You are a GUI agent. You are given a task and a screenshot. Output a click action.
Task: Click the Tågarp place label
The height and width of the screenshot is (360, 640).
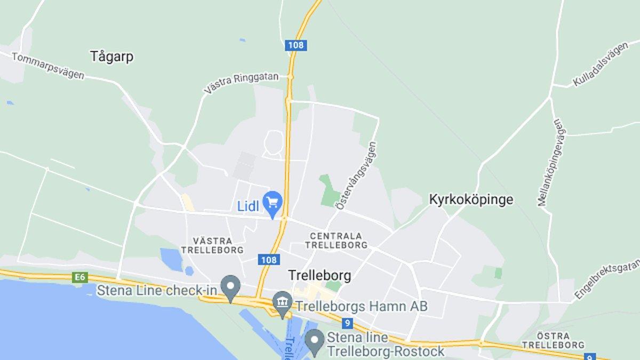(111, 57)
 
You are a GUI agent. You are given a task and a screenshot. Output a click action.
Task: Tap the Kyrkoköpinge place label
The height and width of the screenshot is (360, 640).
(471, 199)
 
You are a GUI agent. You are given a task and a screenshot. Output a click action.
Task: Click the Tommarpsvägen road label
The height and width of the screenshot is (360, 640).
(47, 66)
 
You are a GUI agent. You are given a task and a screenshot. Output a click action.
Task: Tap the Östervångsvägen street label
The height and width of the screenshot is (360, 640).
(356, 175)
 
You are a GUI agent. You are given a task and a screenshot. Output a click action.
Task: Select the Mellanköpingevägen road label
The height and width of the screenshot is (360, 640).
(551, 163)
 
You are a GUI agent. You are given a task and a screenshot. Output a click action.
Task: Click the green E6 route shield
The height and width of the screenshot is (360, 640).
(80, 277)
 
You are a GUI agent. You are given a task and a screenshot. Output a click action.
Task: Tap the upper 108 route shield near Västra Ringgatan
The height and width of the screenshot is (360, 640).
(295, 45)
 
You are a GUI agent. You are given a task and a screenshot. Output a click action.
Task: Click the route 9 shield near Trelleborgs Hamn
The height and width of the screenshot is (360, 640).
(348, 323)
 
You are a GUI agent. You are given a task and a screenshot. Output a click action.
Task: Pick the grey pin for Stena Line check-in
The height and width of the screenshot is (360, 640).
(230, 287)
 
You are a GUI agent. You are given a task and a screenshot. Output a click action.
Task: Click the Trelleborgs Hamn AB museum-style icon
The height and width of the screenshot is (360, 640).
(282, 303)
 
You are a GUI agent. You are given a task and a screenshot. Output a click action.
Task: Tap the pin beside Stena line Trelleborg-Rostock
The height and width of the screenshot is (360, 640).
(315, 341)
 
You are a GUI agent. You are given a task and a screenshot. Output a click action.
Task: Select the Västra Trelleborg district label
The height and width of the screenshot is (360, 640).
(212, 245)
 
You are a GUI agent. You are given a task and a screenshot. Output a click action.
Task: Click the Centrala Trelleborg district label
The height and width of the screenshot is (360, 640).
(336, 240)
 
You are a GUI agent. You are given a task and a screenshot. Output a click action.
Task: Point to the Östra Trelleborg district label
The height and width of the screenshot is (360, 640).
(553, 340)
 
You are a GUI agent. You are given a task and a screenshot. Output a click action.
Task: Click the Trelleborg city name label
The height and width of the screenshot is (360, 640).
(319, 275)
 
